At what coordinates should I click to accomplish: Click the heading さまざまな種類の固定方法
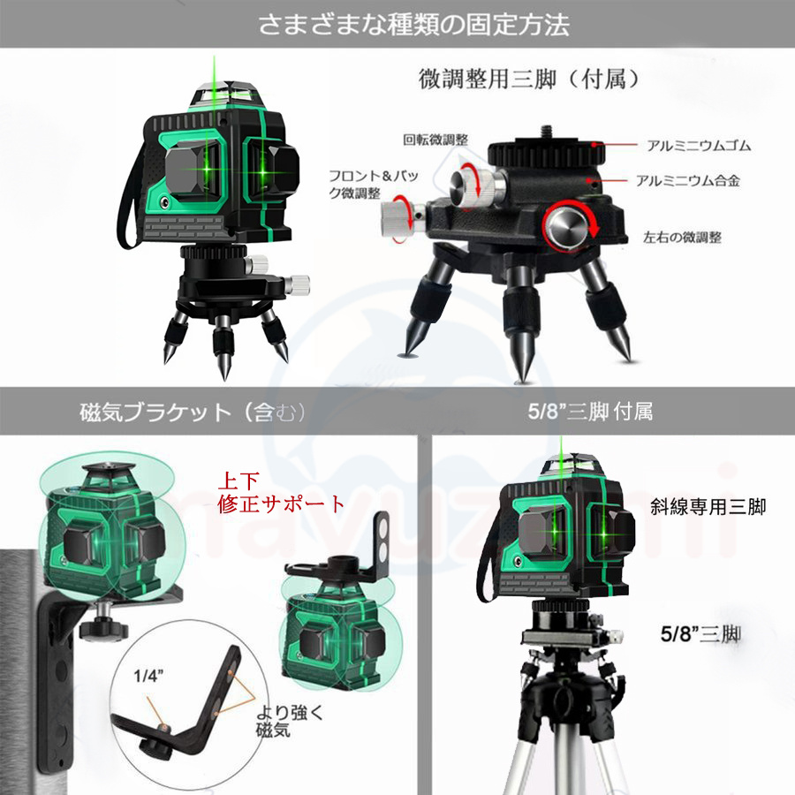[413, 25]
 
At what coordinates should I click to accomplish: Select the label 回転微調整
[435, 140]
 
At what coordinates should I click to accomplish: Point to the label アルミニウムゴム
[699, 146]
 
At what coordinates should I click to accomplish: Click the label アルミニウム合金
[688, 180]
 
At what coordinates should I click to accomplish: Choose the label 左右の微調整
[682, 237]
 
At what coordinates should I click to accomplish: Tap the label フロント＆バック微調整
[374, 184]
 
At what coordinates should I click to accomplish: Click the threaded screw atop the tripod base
[546, 132]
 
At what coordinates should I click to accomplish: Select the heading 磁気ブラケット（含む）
[193, 413]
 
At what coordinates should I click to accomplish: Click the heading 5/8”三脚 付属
[590, 411]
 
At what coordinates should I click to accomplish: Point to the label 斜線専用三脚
[708, 506]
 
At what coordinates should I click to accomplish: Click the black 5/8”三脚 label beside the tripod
[700, 633]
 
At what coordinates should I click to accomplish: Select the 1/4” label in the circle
[148, 676]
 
